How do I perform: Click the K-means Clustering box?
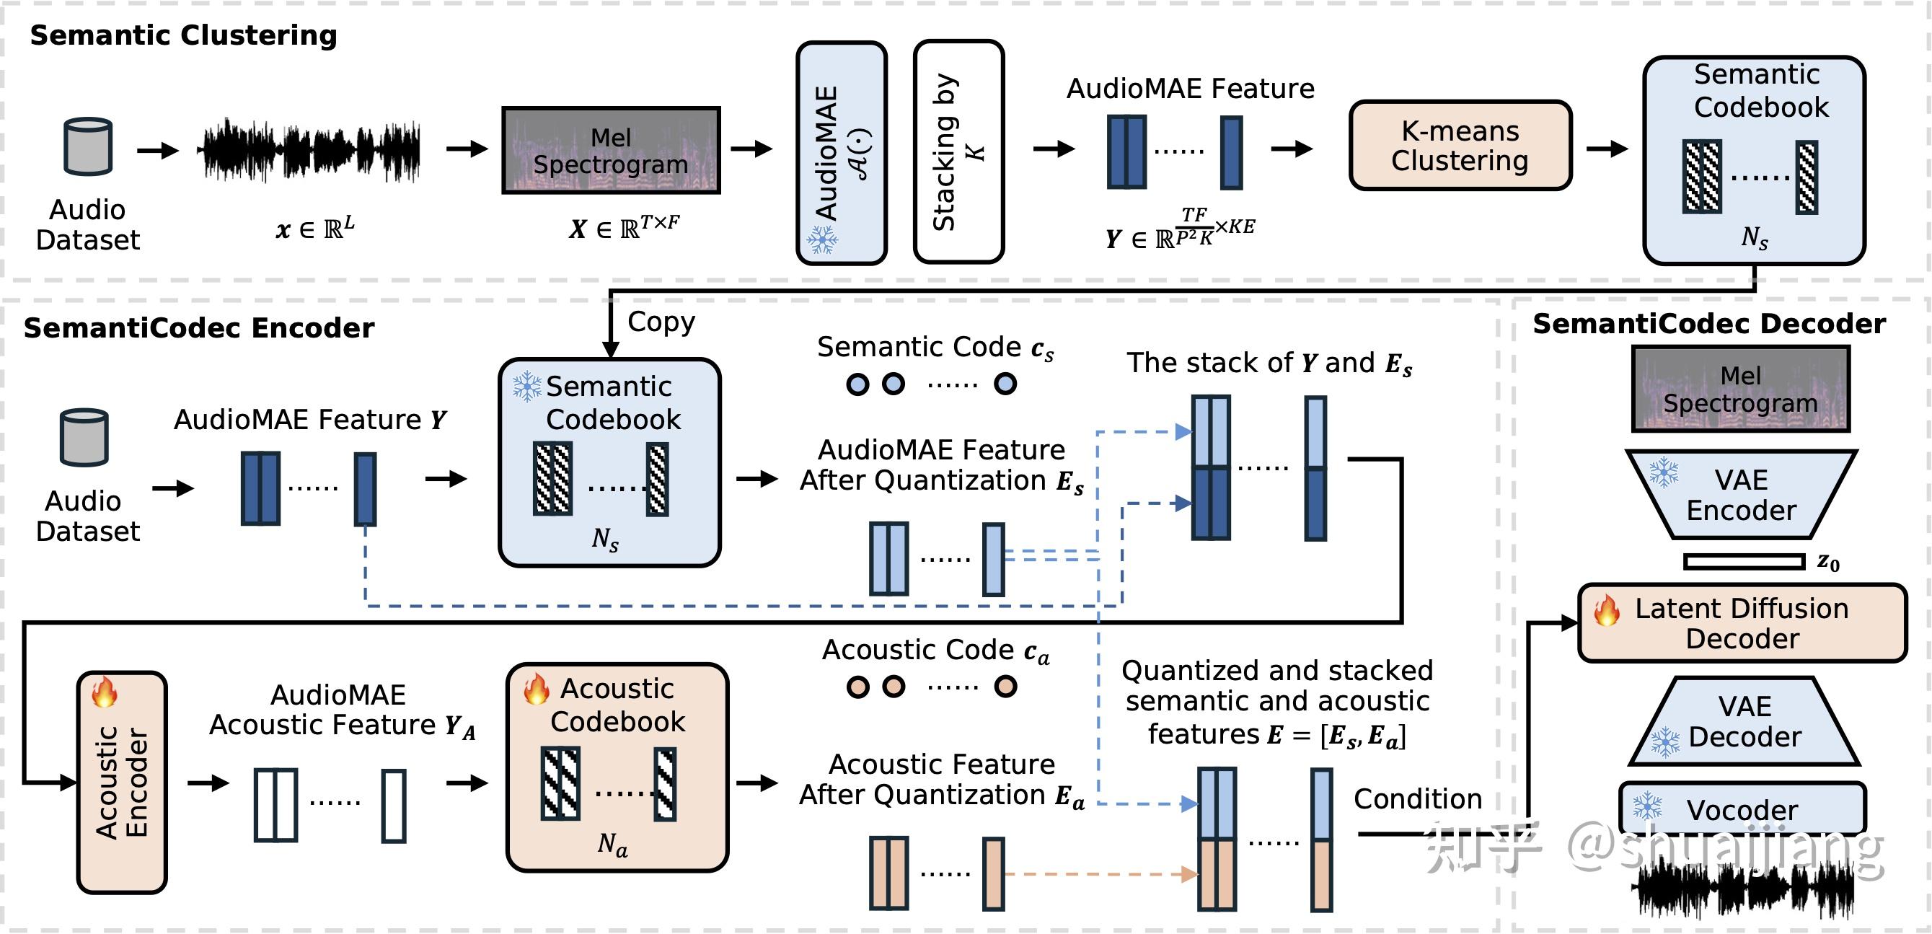1460,146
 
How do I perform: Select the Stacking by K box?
958,151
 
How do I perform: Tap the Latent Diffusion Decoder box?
1742,623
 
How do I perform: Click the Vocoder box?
1742,809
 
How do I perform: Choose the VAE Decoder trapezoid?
1744,722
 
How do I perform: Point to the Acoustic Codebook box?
617,767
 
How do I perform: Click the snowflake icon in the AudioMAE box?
822,240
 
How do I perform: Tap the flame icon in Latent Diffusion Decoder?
1607,610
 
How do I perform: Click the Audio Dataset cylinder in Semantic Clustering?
88,147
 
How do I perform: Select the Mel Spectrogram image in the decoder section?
1740,389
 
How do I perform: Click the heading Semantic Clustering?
183,35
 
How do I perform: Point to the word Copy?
661,321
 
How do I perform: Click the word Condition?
1418,799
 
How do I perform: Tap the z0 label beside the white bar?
1827,562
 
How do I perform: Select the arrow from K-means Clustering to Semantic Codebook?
1606,149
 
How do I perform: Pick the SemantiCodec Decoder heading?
1708,323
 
